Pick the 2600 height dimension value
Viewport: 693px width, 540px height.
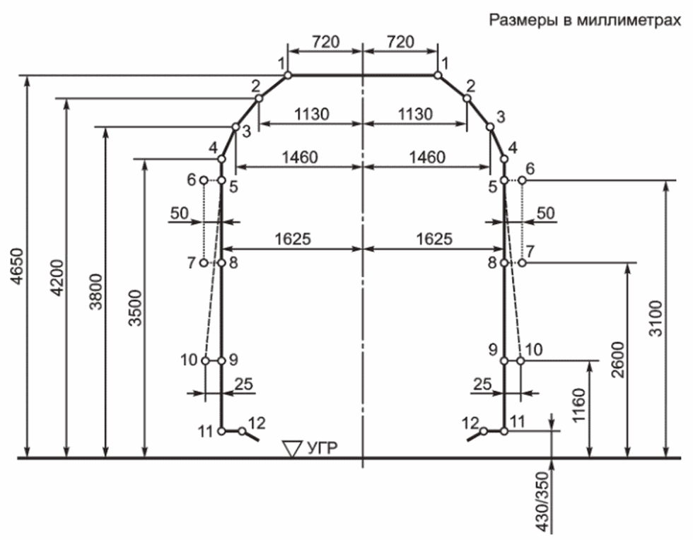(617, 360)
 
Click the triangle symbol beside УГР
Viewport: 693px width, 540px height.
(291, 448)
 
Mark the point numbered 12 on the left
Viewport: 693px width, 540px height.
(257, 423)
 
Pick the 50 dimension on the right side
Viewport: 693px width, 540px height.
(545, 212)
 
